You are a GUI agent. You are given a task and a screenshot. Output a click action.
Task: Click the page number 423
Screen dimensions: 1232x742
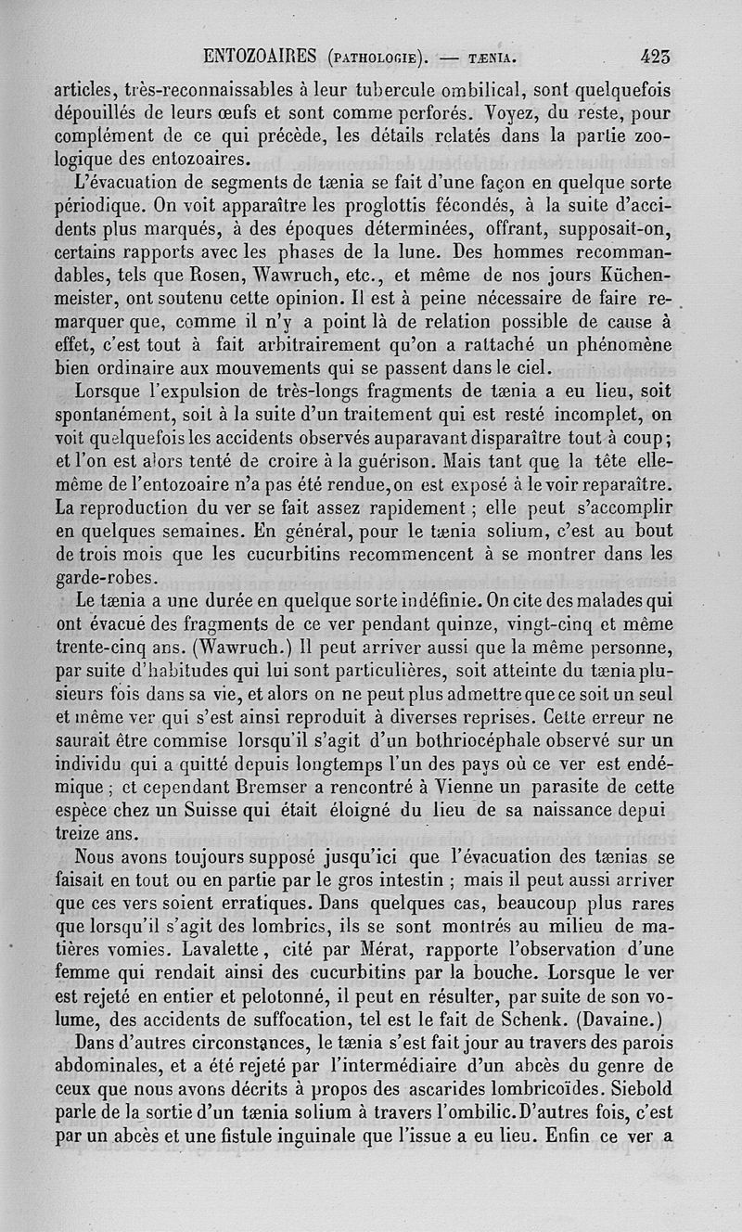tap(655, 57)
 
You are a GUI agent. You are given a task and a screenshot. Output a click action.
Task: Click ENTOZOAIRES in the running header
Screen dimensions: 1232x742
tap(262, 58)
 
